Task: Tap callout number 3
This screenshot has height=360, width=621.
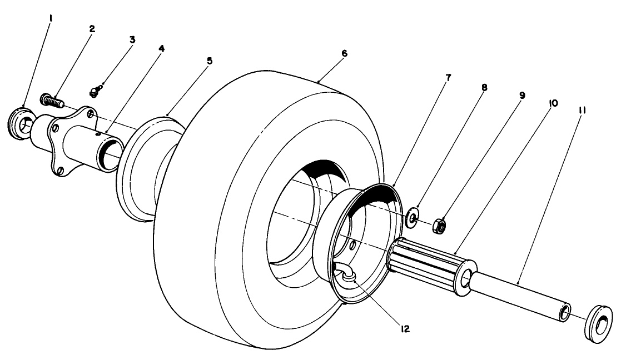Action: tap(132, 40)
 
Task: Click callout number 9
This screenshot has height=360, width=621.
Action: tap(522, 95)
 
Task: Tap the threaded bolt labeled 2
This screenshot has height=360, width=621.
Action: tap(52, 102)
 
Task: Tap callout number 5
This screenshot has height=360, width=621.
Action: tap(209, 61)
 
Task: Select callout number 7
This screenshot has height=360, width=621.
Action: tap(448, 78)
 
